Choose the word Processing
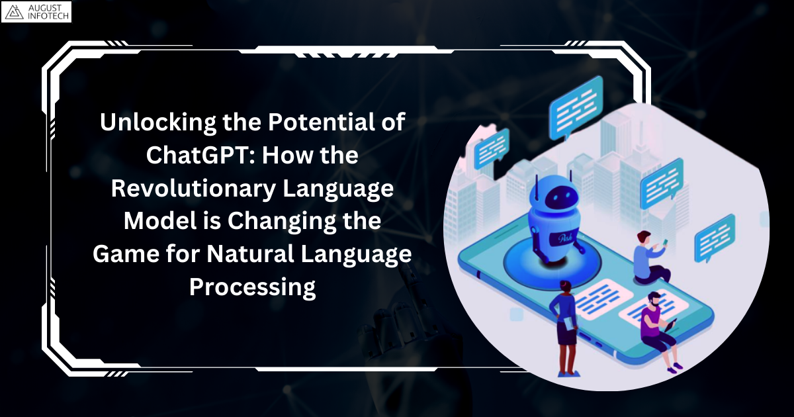point(252,288)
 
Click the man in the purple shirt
point(655,324)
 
